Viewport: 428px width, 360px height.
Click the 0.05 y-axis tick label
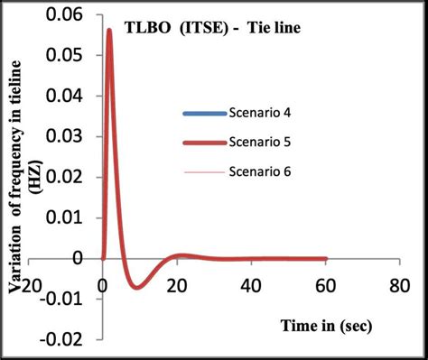tap(72, 56)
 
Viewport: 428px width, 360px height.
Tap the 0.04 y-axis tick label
tap(72, 97)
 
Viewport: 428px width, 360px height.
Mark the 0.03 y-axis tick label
tap(72, 137)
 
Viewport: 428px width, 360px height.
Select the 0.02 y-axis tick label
tap(72, 178)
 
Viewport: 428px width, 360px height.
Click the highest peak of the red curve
tap(109, 30)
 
